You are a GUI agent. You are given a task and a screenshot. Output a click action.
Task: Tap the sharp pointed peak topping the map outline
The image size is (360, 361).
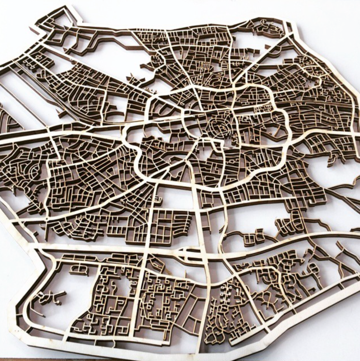click(x=71, y=7)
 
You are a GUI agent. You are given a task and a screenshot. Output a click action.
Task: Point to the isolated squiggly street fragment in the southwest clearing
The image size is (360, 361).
click(x=50, y=297)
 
